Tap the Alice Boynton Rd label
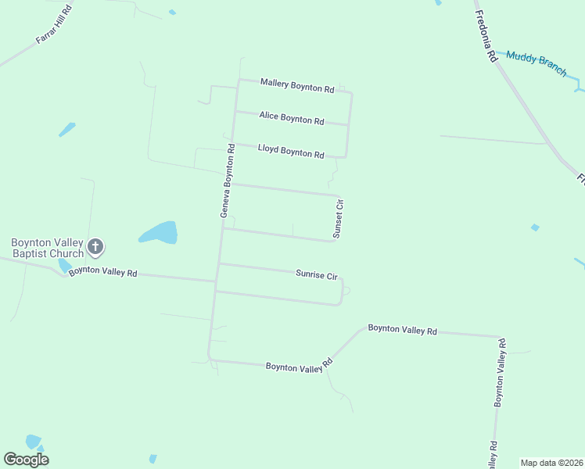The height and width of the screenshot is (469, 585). click(x=292, y=119)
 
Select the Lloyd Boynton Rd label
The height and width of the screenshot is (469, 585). click(x=291, y=152)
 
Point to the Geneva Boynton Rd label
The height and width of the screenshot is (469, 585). click(x=227, y=180)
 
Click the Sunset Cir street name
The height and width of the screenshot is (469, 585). click(x=339, y=218)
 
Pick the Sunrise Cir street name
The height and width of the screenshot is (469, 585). click(x=316, y=274)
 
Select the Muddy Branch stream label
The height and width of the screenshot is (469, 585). click(x=537, y=63)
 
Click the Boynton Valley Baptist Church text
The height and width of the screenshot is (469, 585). click(x=47, y=248)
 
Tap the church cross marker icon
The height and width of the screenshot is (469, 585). click(x=95, y=248)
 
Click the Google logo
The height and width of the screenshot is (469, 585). click(x=27, y=460)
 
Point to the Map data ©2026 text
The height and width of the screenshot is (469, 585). click(x=551, y=463)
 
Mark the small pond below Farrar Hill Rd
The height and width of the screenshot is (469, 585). click(x=67, y=129)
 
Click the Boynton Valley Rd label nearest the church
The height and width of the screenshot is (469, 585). click(x=103, y=272)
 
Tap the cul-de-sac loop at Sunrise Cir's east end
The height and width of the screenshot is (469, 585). click(x=346, y=291)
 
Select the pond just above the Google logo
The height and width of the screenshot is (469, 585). click(x=33, y=442)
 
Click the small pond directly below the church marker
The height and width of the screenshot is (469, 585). click(x=63, y=267)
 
